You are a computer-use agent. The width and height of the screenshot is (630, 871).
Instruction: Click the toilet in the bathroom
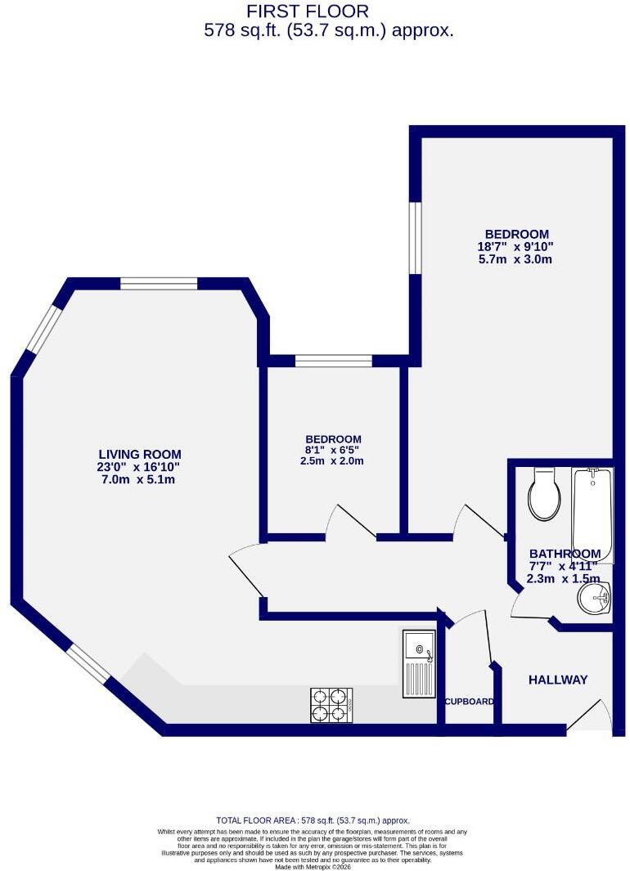[x=544, y=493]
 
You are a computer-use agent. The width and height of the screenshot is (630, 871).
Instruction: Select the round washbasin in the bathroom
[x=594, y=598]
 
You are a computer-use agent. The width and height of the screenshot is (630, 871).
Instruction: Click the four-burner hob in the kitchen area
[x=331, y=705]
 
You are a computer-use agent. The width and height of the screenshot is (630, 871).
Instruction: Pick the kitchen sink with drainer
[x=419, y=663]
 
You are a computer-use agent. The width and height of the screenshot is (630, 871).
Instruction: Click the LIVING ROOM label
[x=140, y=455]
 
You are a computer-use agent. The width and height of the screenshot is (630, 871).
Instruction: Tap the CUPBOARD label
[x=470, y=702]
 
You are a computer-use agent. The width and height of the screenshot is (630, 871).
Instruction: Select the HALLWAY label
[x=558, y=680]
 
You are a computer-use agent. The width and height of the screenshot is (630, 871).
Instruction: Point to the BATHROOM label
[x=565, y=554]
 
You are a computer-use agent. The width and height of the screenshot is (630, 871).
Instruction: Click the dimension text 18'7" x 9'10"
[x=516, y=247]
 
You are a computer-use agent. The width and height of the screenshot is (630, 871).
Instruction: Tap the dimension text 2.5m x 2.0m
[x=332, y=461]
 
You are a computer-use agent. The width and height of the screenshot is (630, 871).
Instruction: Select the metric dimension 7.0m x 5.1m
[x=136, y=479]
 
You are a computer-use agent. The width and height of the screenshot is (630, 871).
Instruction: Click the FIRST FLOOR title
[x=307, y=11]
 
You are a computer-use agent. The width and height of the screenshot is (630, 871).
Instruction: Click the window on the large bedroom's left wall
[x=415, y=237]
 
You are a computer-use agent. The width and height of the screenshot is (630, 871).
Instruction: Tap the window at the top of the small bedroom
[x=333, y=361]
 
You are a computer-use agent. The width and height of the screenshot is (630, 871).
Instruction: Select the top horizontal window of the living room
[x=159, y=283]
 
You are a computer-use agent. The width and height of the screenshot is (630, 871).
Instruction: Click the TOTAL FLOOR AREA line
[x=313, y=820]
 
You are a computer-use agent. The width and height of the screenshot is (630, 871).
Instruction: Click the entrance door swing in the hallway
[x=590, y=716]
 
